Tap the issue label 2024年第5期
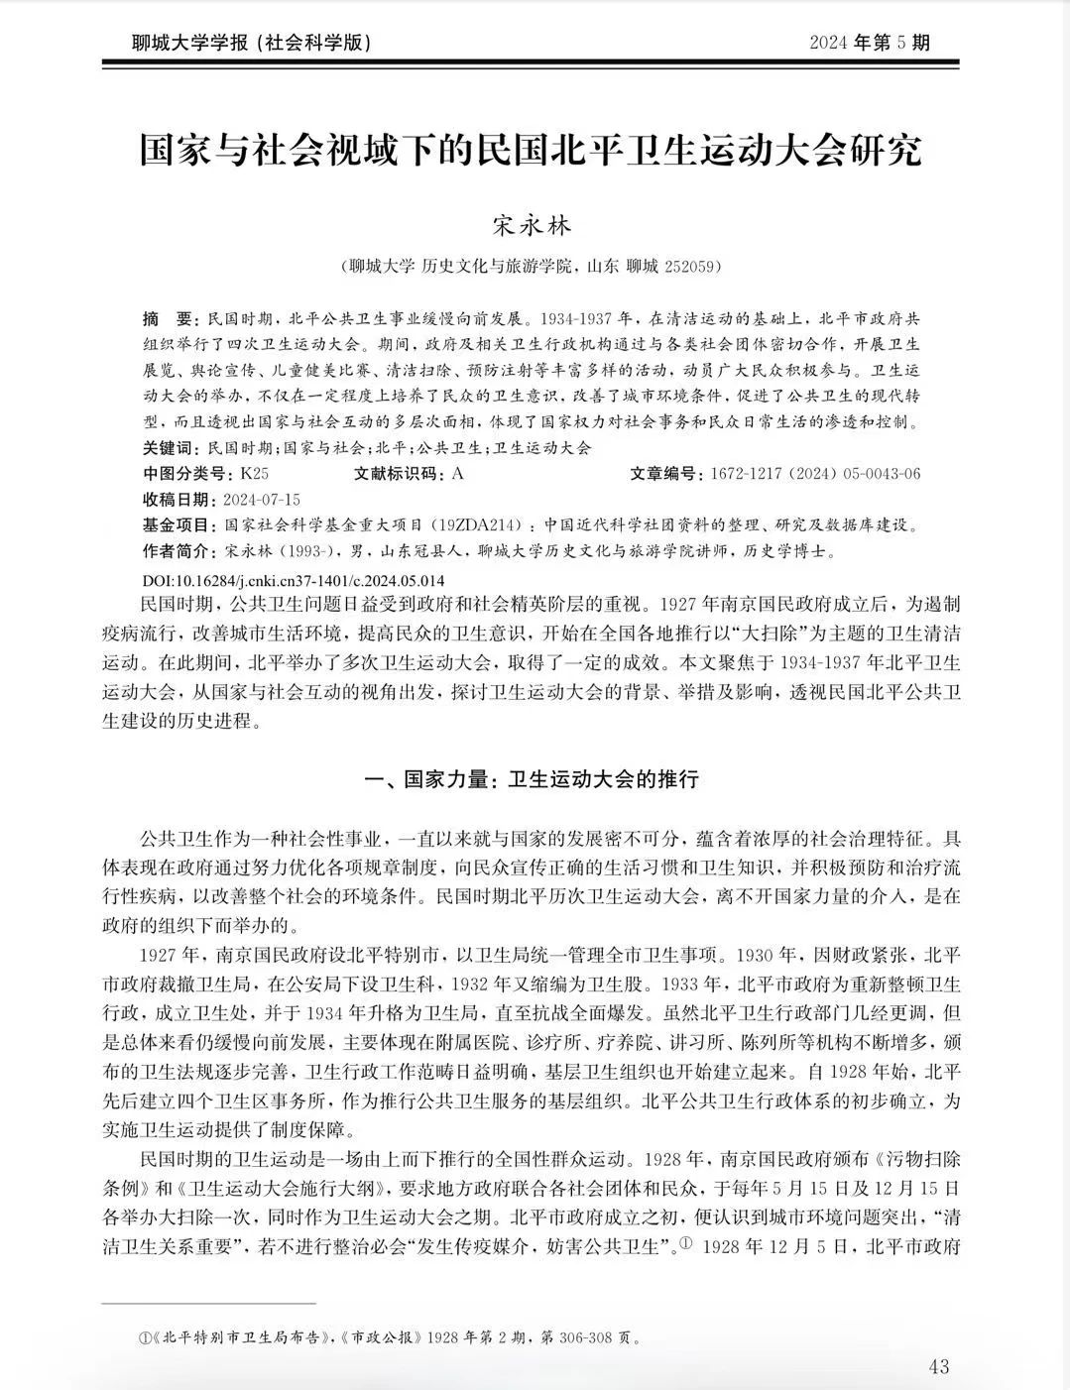point(869,43)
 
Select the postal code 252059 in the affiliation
point(690,267)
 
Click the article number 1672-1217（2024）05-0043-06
point(814,473)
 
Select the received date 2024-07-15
point(262,499)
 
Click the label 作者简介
point(178,550)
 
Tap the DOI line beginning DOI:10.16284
point(294,580)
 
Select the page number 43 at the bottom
point(938,1366)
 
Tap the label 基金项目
point(178,524)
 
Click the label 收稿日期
point(178,499)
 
